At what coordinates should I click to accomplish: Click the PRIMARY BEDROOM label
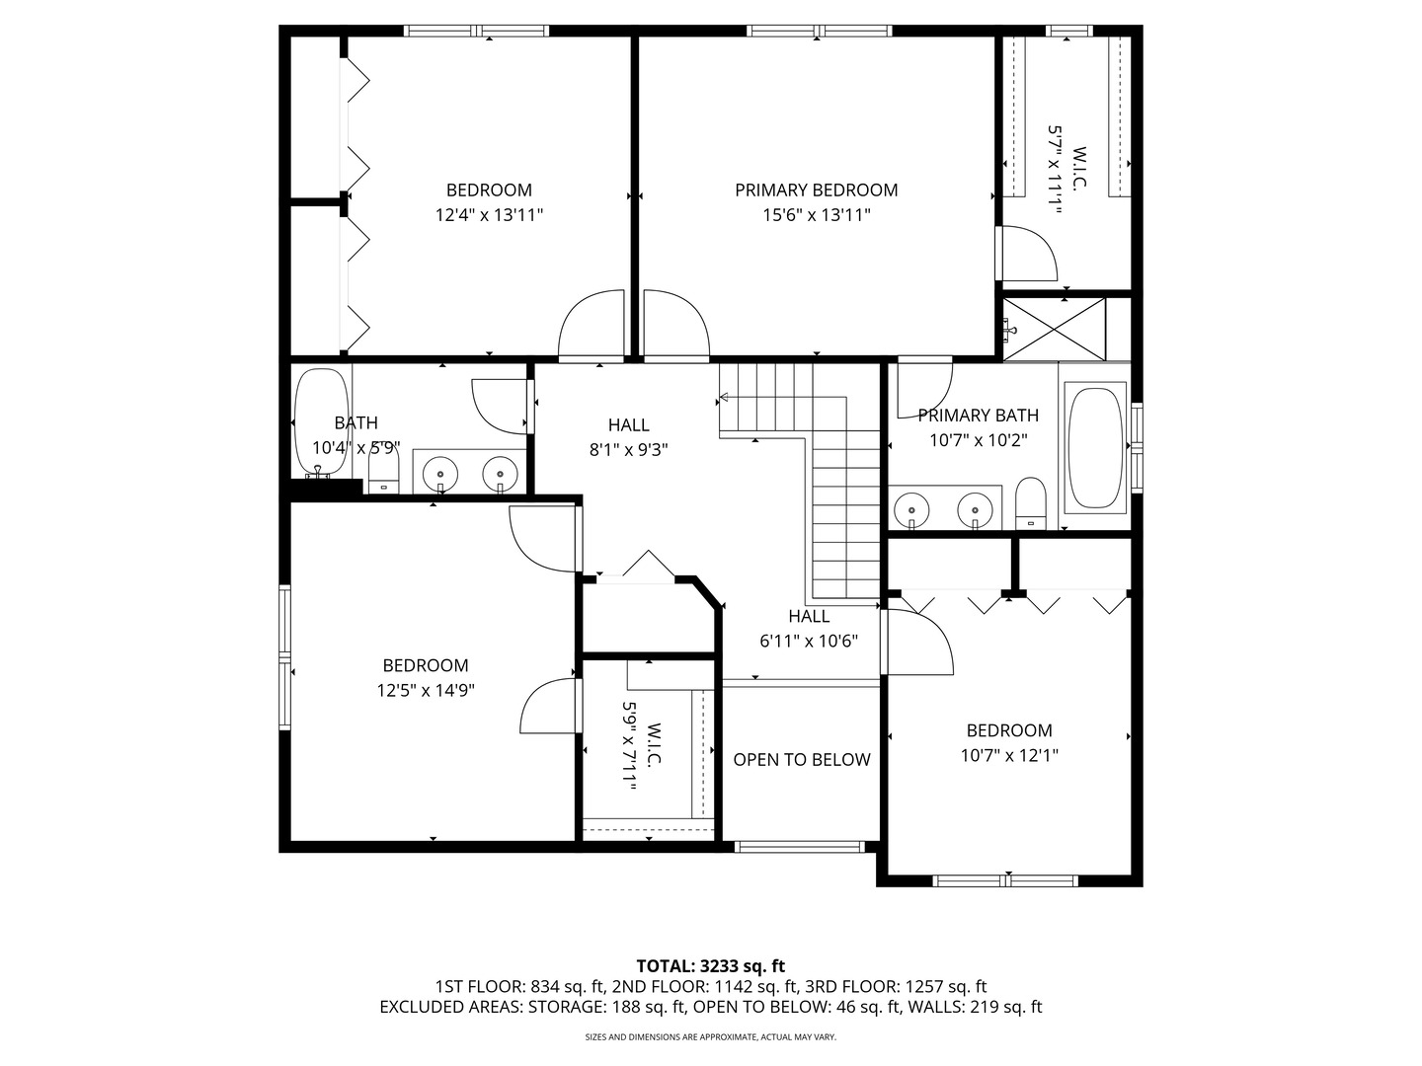tap(816, 190)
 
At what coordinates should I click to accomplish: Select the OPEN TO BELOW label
tap(801, 759)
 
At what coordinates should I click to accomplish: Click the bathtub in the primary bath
tap(1095, 447)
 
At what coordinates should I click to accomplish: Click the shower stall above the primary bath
tap(1054, 329)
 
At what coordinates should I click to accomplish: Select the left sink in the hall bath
tap(438, 474)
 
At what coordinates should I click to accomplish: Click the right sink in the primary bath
tap(975, 509)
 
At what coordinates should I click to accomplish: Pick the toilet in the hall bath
tap(382, 474)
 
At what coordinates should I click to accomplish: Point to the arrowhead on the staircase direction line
tap(724, 398)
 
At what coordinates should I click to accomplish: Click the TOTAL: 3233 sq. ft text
tap(710, 965)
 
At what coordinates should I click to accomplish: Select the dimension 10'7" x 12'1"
tap(1008, 755)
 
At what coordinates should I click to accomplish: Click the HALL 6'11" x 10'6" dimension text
tap(808, 640)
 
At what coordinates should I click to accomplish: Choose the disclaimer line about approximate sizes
tap(710, 1037)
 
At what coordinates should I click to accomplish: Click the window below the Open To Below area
tap(800, 846)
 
